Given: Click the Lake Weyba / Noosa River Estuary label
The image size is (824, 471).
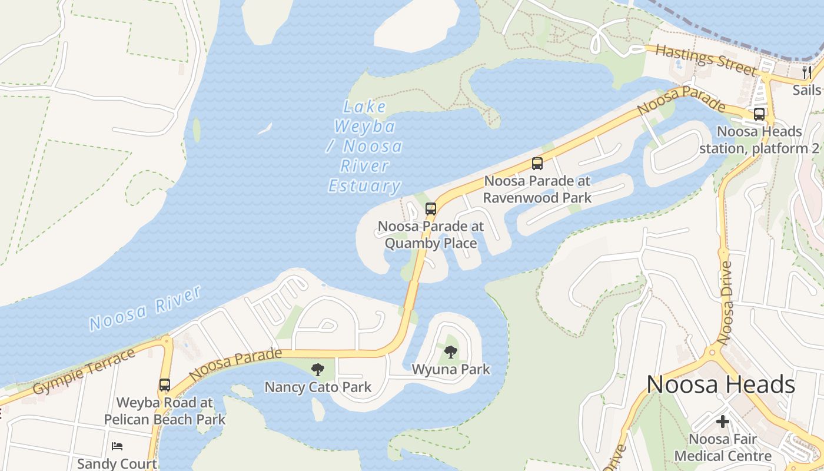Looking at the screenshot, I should (364, 147).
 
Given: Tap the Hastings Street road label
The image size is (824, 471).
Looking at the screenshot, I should (705, 59).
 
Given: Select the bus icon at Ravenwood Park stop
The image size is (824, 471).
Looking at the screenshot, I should (537, 164).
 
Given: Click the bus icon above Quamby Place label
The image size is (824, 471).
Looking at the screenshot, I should (431, 208).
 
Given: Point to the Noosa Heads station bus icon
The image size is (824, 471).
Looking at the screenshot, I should (759, 114).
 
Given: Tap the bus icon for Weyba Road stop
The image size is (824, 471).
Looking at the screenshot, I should (165, 385).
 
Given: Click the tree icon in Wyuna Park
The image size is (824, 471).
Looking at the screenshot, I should (451, 352).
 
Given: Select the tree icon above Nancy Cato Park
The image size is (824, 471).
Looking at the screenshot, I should (318, 370).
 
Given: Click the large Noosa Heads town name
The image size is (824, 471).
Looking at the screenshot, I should (721, 384).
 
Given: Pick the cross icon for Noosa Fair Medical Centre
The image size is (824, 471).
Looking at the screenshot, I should (723, 422).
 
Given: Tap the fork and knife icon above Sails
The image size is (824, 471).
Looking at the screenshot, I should (806, 72).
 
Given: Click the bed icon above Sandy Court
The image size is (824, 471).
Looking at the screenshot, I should (117, 446).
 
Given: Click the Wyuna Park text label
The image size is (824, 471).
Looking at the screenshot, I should (451, 370).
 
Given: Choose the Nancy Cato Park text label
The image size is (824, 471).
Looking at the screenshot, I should (318, 387).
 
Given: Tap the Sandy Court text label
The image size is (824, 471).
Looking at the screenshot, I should (117, 463).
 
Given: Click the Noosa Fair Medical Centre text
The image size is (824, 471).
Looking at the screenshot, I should (723, 447).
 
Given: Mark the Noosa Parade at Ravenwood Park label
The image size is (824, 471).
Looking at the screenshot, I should (537, 189).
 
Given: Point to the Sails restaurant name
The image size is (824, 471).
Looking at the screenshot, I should (806, 90).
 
